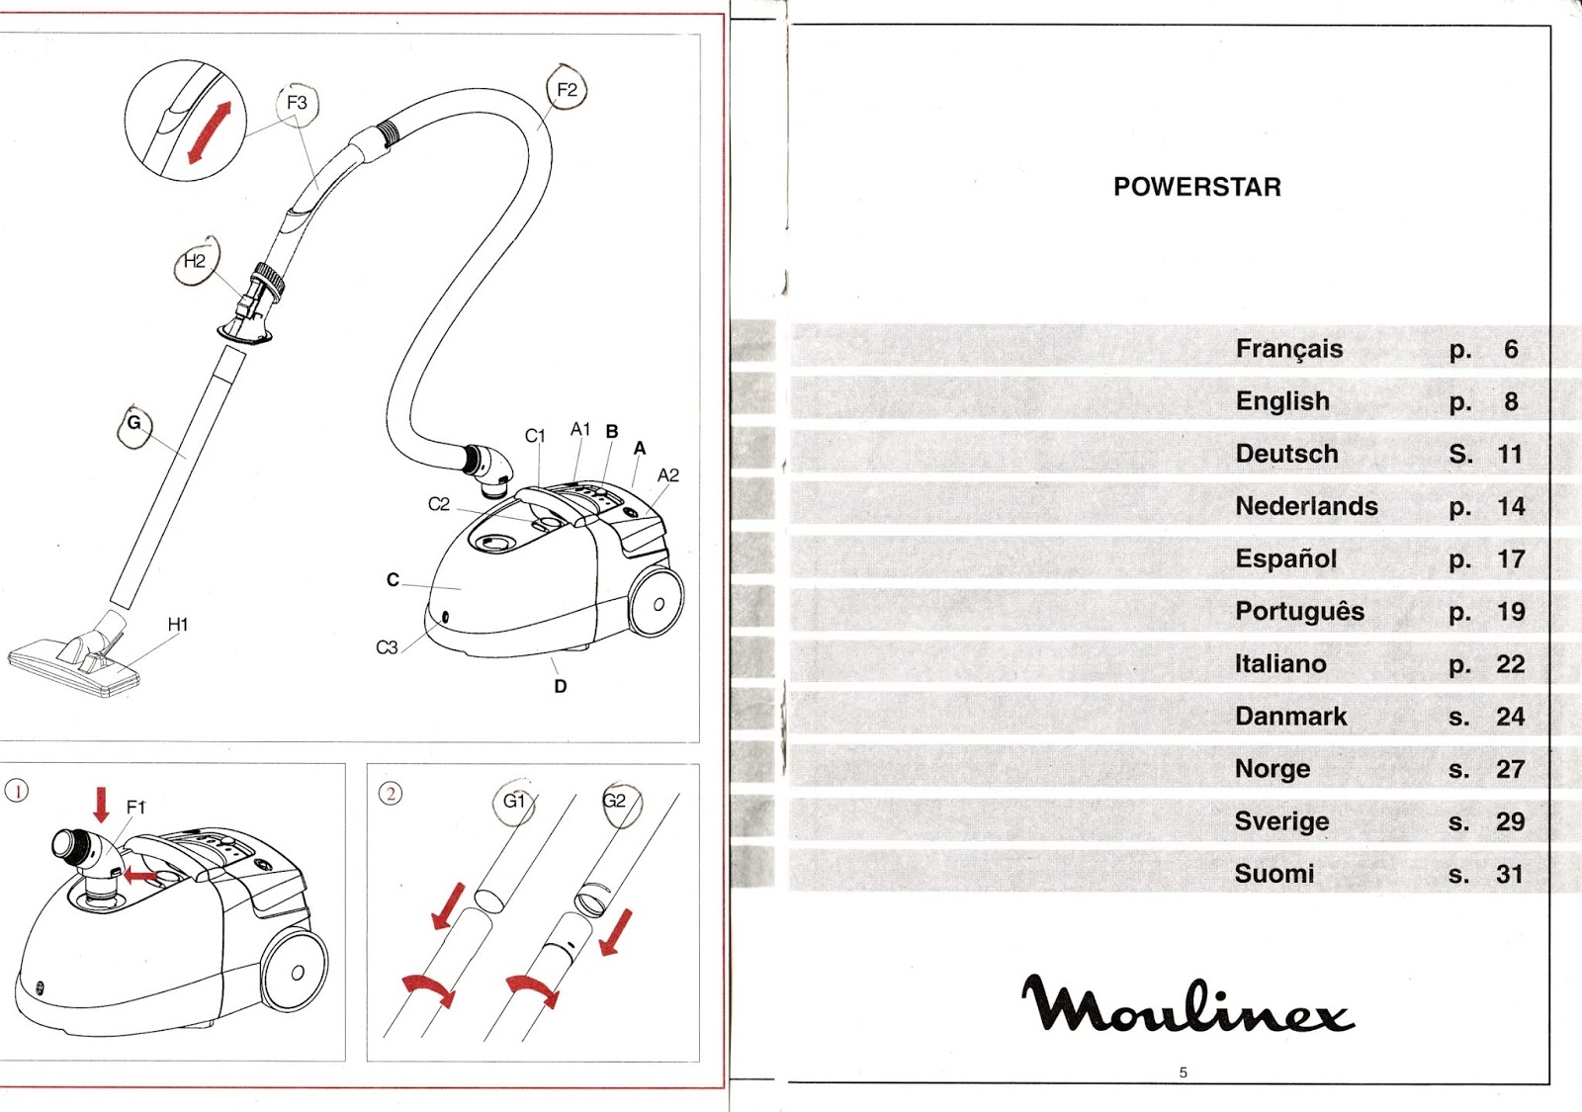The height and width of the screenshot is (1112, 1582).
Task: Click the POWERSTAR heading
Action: [x=1196, y=187]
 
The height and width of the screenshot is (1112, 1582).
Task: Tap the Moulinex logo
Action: [x=1186, y=1004]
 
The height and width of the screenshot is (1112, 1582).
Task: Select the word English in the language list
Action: [x=1282, y=401]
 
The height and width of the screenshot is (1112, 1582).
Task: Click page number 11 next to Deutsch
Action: [x=1509, y=455]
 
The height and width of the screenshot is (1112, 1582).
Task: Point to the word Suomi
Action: [x=1274, y=874]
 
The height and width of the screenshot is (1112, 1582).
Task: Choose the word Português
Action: [x=1299, y=612]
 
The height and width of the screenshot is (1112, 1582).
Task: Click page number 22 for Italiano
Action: [x=1510, y=664]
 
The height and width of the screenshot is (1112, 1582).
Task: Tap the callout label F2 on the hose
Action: [x=567, y=90]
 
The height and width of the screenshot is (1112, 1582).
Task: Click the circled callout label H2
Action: [x=195, y=261]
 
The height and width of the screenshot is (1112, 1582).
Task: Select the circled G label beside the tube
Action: [x=134, y=424]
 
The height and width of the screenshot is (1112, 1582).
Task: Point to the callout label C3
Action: [x=387, y=647]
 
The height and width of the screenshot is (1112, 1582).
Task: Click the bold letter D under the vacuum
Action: [x=561, y=686]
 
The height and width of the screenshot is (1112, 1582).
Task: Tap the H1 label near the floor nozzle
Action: [x=178, y=625]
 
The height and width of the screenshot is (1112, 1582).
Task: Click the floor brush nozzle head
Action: [x=74, y=664]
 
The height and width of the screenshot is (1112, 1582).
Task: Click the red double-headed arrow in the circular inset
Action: [x=210, y=131]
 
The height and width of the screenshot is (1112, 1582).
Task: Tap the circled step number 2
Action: [x=391, y=793]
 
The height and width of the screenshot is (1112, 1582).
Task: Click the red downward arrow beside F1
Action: [x=101, y=804]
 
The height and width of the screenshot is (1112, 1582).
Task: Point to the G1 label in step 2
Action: [x=514, y=801]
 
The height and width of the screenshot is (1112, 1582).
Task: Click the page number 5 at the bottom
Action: [x=1183, y=1072]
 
